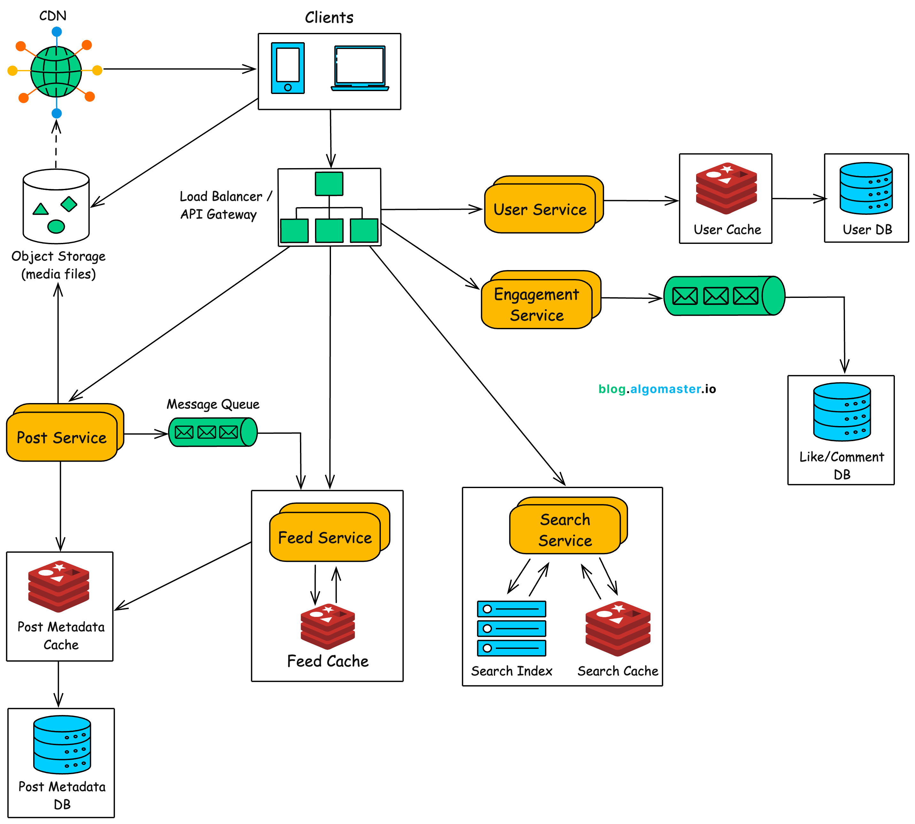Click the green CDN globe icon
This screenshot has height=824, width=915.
[56, 72]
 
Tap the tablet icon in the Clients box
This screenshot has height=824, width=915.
[288, 68]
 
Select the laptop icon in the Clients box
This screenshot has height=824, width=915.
[360, 68]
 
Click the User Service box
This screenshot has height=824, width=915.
[540, 209]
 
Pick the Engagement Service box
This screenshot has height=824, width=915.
[537, 304]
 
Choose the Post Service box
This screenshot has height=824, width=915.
[62, 437]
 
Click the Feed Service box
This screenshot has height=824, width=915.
[325, 537]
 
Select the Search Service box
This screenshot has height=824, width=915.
[565, 529]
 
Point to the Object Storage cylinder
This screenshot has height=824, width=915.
[56, 207]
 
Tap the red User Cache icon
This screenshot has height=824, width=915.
[726, 188]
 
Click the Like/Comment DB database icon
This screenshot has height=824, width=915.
[842, 412]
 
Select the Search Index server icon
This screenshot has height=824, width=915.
[511, 628]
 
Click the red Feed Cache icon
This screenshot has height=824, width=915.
[327, 626]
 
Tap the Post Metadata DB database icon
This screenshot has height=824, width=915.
[62, 744]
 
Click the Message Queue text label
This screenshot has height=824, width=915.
[213, 404]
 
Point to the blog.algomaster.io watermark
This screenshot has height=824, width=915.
[657, 389]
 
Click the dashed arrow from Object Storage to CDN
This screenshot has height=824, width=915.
[56, 145]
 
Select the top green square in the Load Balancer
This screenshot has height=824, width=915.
[329, 183]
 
